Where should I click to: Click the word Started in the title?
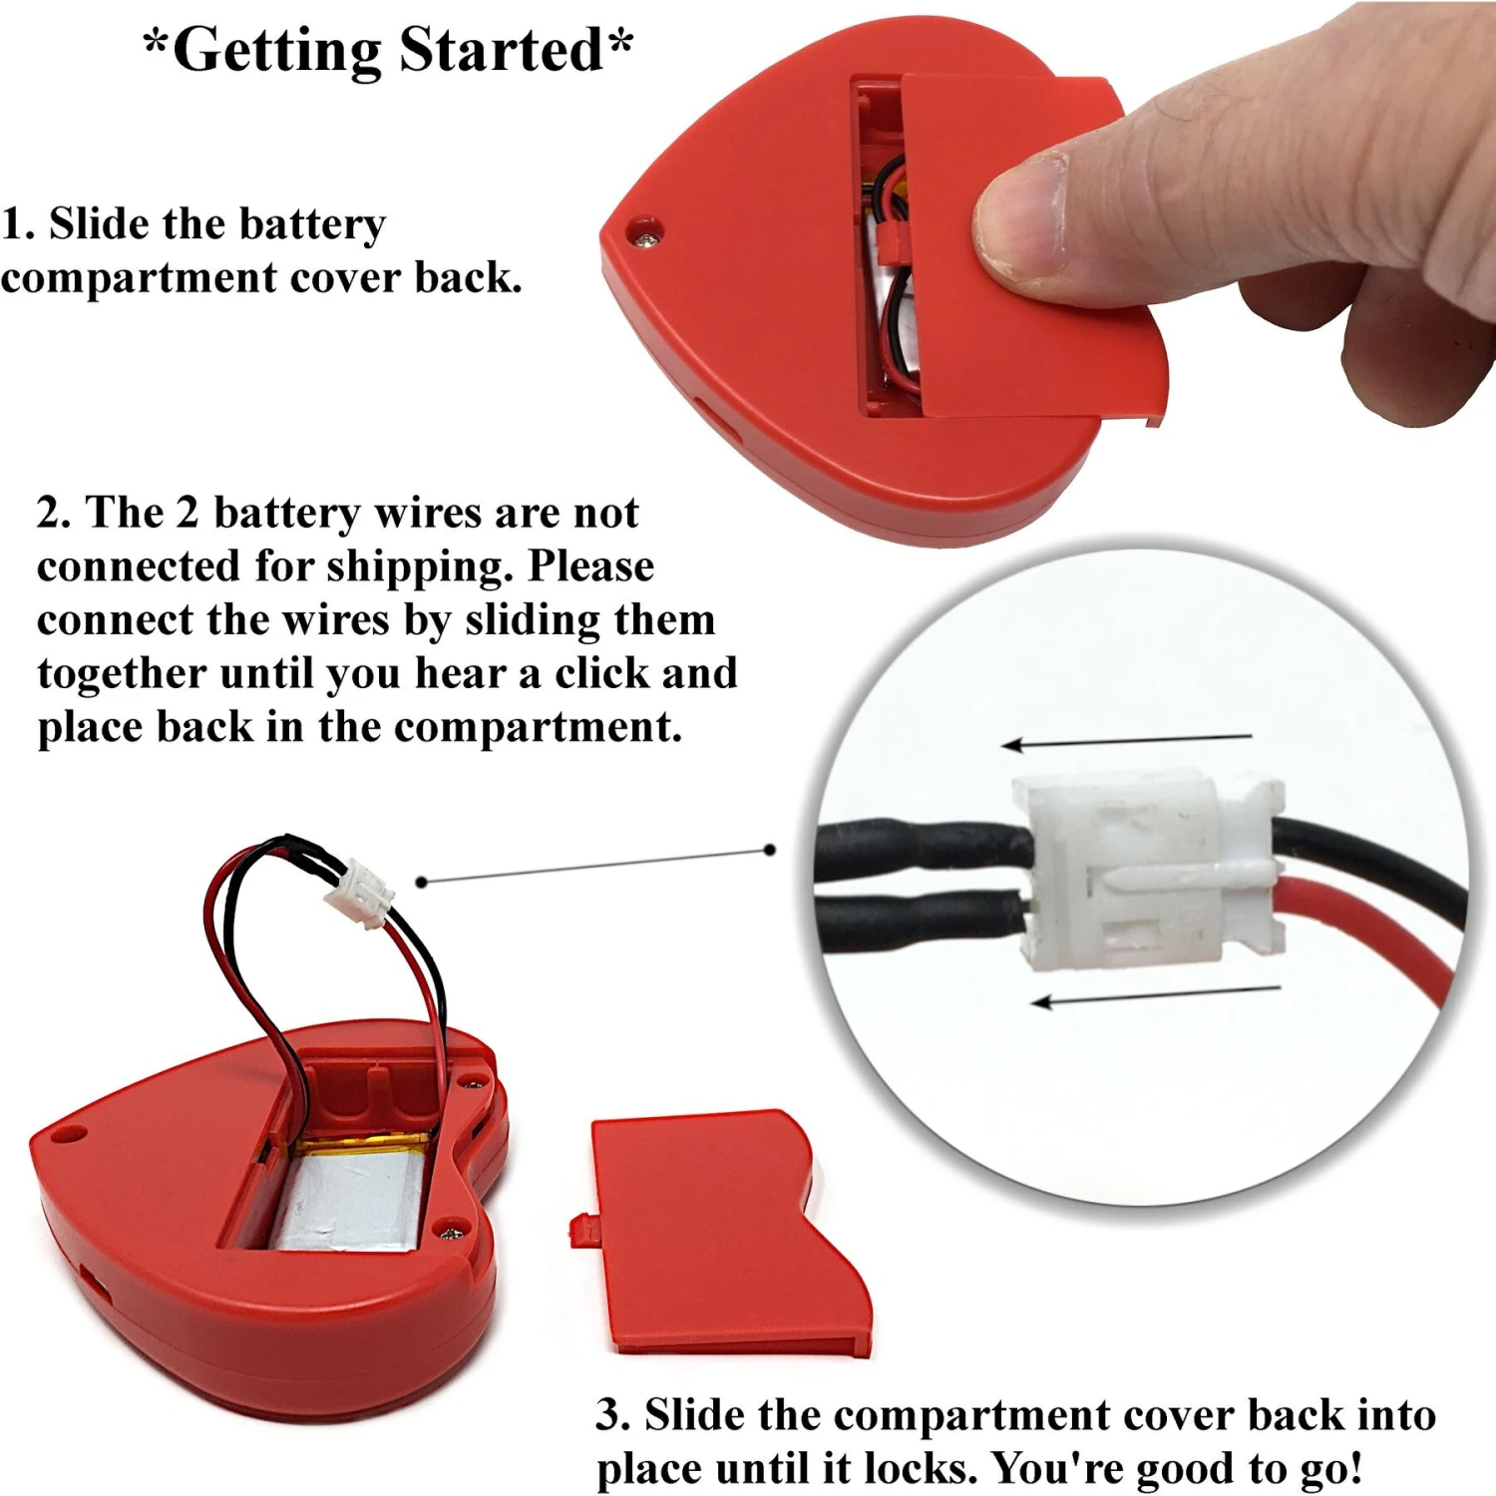501,50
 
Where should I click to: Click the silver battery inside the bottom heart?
349,1197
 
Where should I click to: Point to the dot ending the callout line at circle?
769,850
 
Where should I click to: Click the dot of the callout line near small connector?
421,882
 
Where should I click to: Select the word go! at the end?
1331,1468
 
